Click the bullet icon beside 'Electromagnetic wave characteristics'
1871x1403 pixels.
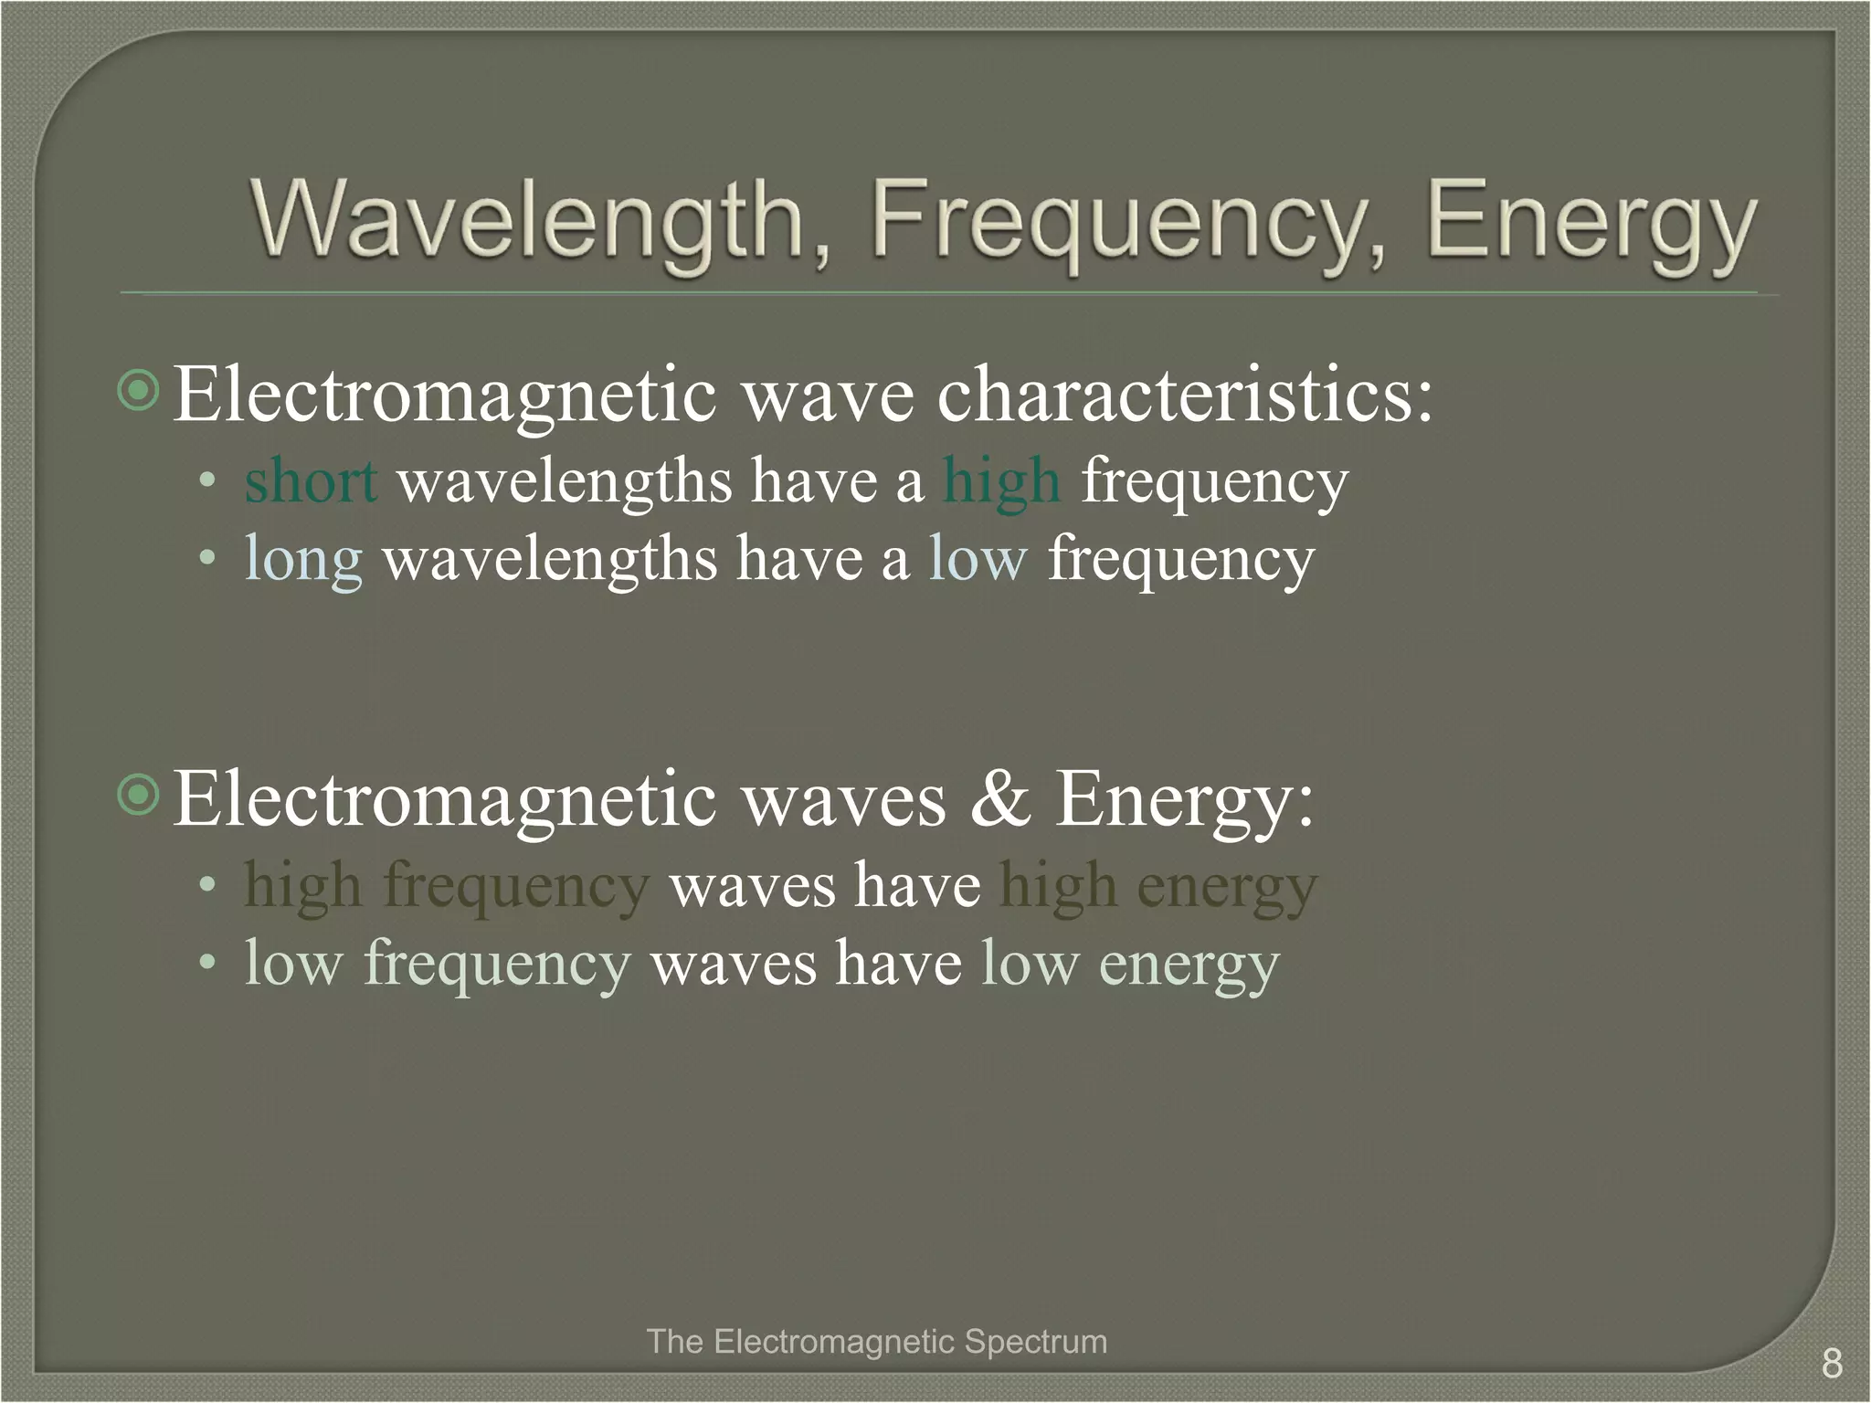click(140, 392)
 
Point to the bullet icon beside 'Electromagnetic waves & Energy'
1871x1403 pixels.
click(140, 796)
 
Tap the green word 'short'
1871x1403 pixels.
click(311, 480)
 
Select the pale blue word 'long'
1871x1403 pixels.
click(303, 559)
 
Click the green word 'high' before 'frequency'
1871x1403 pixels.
click(1001, 480)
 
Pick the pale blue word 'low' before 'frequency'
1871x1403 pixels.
click(978, 559)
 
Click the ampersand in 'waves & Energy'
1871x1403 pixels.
click(1001, 798)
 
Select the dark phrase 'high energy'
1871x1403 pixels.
click(1158, 886)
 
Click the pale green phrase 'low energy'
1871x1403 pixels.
click(1129, 965)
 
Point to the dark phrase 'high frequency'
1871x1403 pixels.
click(447, 886)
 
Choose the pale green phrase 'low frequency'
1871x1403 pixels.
click(438, 965)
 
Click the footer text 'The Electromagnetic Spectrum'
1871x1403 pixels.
click(876, 1342)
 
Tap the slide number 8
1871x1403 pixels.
click(1831, 1364)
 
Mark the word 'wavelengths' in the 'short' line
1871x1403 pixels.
click(565, 480)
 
